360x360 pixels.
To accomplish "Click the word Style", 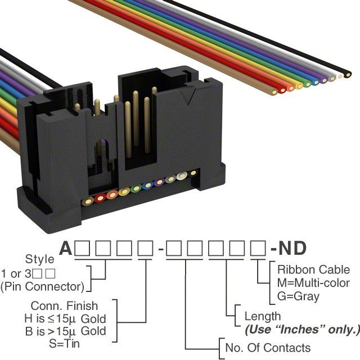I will (x=40, y=259).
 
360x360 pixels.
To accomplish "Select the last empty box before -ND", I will (x=258, y=248).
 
